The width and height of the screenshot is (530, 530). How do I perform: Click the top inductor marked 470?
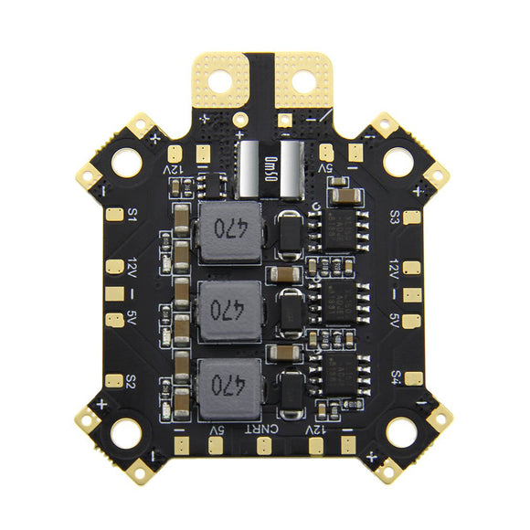point(228,232)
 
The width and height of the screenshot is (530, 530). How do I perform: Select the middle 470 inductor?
point(228,309)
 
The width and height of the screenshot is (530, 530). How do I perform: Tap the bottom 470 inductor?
point(228,384)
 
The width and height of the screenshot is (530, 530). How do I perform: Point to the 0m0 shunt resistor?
point(269,169)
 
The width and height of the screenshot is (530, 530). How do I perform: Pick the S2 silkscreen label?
point(132,379)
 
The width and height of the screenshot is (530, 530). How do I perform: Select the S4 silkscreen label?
point(396,376)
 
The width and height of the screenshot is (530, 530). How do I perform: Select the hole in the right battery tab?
point(303,81)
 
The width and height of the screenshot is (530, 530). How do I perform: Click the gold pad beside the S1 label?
point(112,217)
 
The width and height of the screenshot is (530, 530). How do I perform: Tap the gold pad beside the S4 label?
point(414,377)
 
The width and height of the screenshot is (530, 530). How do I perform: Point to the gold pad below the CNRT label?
point(263,446)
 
